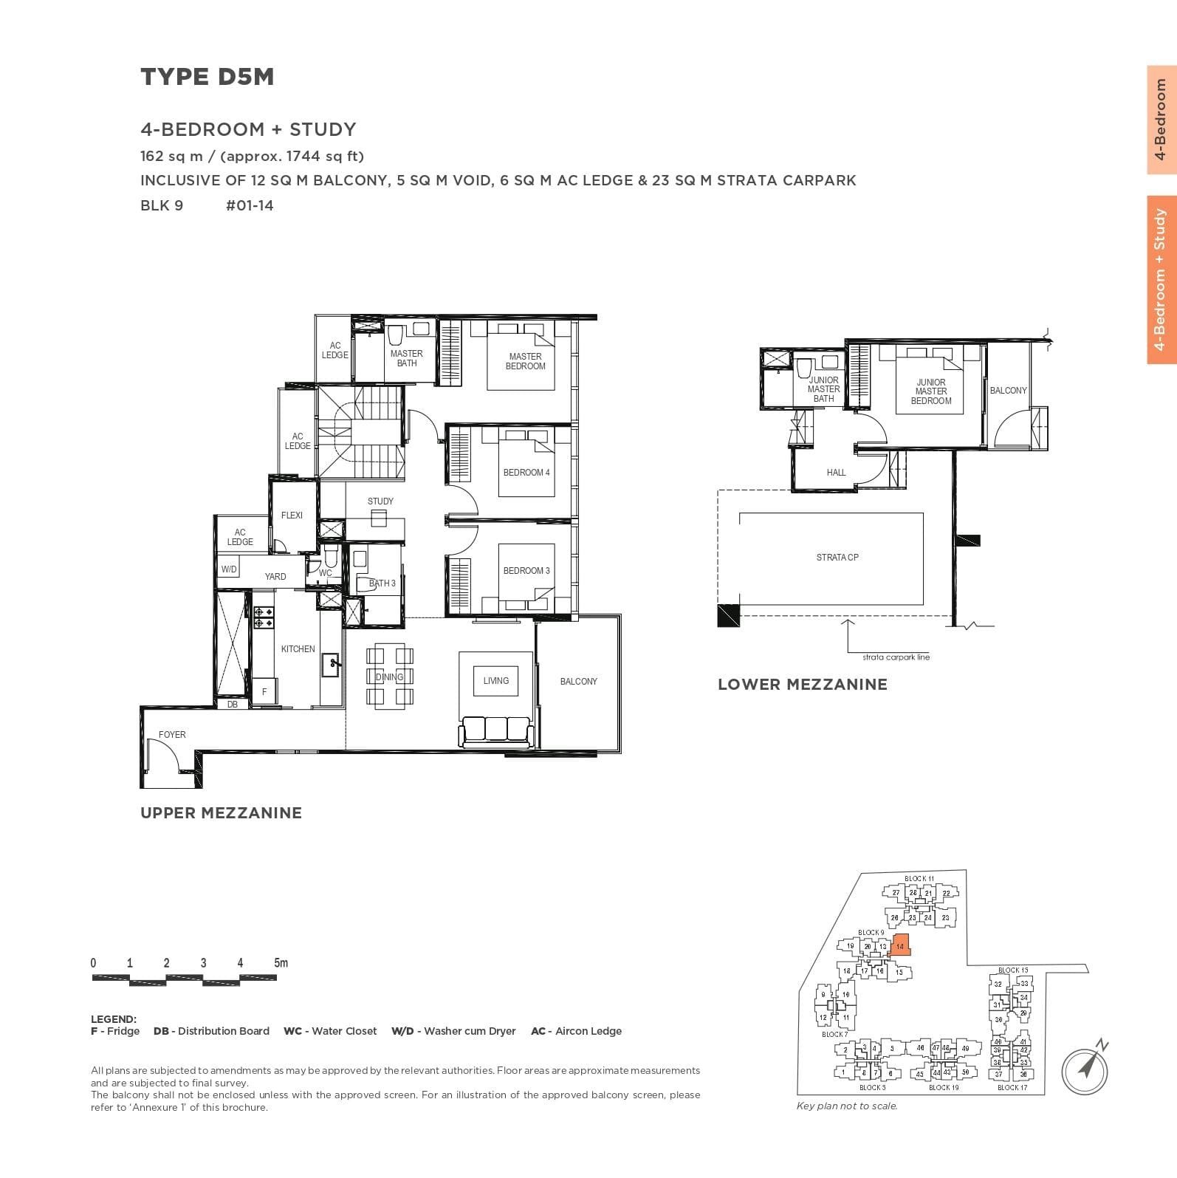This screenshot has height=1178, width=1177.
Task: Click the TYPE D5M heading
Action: [207, 77]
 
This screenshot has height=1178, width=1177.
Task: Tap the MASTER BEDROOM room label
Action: [525, 361]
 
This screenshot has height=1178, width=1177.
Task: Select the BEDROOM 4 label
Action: [526, 473]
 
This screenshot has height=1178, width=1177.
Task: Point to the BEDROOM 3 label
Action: [526, 571]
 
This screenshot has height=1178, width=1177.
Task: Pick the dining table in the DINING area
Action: [389, 677]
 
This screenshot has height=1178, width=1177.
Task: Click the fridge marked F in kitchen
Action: [264, 691]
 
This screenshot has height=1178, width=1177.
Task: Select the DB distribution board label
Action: [233, 705]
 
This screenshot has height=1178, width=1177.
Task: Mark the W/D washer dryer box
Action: [229, 569]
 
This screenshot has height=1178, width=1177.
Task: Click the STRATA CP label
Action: [837, 558]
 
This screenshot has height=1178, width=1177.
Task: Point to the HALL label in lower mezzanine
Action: [836, 473]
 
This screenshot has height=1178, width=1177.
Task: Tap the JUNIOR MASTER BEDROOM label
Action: [930, 391]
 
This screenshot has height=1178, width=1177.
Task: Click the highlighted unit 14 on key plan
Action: [900, 945]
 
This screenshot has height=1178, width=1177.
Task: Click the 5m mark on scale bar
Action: [281, 963]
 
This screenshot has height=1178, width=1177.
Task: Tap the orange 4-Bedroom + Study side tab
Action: [1161, 280]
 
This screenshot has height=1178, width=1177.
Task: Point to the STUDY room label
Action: [380, 501]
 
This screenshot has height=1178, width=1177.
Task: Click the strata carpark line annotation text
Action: [896, 657]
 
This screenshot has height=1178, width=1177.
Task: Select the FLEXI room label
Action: [292, 516]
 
